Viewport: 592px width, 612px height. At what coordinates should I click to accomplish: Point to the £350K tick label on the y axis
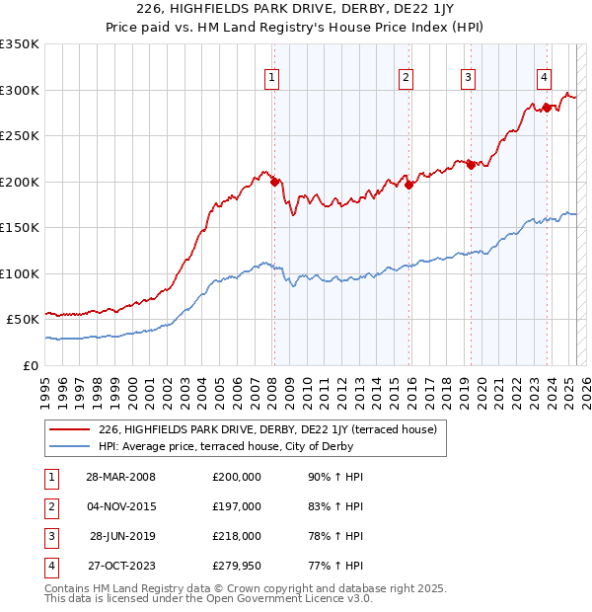pos(20,44)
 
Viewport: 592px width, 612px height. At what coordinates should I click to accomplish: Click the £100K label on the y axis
pos(20,273)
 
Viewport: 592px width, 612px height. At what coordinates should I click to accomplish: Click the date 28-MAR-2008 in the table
pos(121,477)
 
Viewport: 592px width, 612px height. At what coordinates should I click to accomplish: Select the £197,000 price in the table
pos(237,506)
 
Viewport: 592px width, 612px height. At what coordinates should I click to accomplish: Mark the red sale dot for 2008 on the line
pos(274,182)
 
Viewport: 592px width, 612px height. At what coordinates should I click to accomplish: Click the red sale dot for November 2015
pos(408,184)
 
